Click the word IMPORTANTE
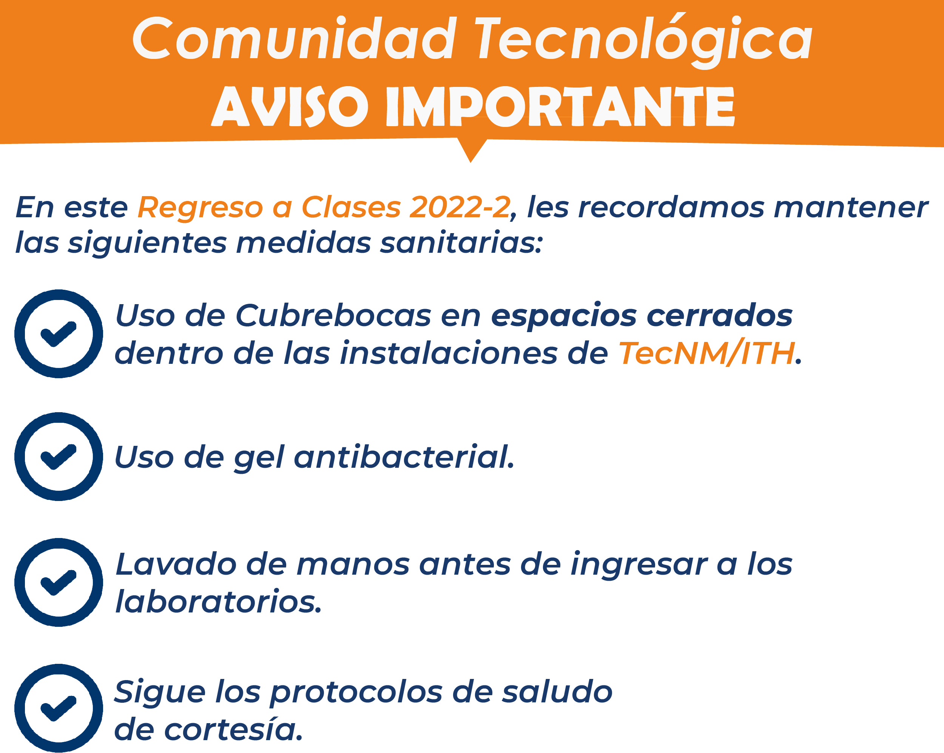[x=560, y=107]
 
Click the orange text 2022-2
[x=460, y=207]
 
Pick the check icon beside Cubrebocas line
[x=59, y=334]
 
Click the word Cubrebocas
[x=333, y=315]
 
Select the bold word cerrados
[x=720, y=315]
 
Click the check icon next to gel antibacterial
[x=59, y=456]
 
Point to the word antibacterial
[x=404, y=457]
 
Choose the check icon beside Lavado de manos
[x=59, y=582]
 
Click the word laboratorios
[x=219, y=601]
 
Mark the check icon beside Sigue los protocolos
[x=59, y=708]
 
